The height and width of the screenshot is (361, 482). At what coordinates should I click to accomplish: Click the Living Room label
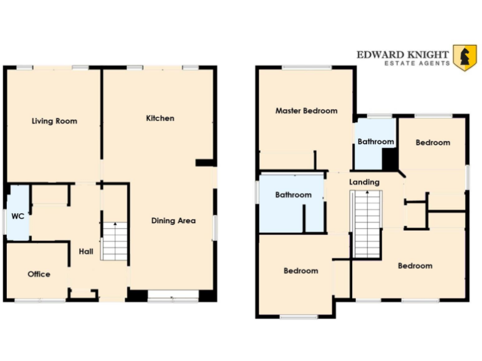pos(54,121)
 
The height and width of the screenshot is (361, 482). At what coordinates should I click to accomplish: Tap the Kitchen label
pos(160,118)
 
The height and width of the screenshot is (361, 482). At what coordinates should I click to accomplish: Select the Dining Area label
pos(173,221)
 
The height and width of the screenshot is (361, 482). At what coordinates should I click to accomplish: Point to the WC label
pos(18,216)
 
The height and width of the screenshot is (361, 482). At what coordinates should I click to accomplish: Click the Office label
pos(38,274)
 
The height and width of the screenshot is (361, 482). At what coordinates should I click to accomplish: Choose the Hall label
pos(86,251)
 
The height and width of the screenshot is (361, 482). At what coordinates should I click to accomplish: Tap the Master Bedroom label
pos(306,111)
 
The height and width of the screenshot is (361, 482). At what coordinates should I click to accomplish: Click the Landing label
pos(364,182)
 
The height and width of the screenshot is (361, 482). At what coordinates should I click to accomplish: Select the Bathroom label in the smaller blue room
pos(376,142)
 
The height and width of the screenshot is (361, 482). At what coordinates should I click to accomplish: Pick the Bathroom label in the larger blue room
pos(293,195)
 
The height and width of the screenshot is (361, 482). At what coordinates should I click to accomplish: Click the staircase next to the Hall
pos(114,241)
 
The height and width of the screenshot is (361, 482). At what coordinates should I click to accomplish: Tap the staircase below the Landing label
pos(365,224)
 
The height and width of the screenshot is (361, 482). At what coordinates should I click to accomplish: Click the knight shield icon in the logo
pos(464,58)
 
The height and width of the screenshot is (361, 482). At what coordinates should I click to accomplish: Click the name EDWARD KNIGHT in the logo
pos(403,55)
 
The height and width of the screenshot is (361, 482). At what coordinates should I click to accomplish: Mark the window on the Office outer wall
pos(40,301)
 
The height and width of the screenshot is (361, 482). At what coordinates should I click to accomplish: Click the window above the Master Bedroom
pos(306,68)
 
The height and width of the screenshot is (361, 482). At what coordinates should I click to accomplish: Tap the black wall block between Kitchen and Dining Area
pos(205,163)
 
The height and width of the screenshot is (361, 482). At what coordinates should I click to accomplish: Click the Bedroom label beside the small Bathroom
pos(433,142)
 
